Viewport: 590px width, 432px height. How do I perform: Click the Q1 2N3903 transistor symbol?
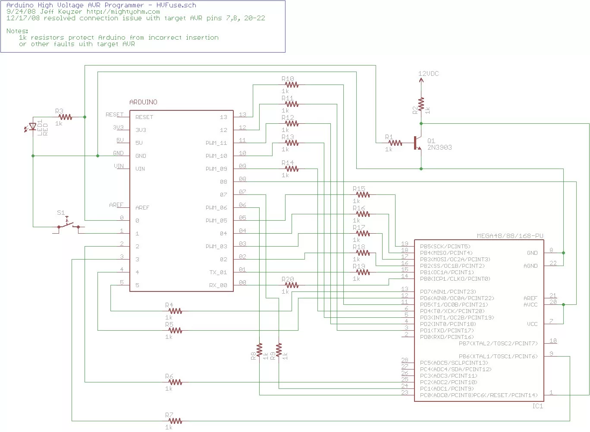(x=417, y=143)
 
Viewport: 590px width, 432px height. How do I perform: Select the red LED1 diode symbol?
(x=32, y=127)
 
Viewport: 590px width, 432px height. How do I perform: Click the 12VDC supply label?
(x=428, y=74)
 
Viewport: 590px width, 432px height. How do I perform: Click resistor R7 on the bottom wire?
(x=175, y=421)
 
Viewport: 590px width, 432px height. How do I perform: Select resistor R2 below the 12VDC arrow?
(x=421, y=105)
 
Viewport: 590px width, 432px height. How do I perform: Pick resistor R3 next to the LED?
(x=65, y=117)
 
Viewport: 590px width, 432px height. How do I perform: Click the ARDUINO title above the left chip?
(x=143, y=102)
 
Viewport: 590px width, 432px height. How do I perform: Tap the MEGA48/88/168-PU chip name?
(x=510, y=236)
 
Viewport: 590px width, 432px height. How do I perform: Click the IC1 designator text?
(x=537, y=406)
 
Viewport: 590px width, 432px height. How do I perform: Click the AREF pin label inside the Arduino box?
(x=142, y=207)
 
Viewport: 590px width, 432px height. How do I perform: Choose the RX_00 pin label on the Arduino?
(x=218, y=285)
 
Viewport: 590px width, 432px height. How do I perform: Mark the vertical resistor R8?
(x=259, y=351)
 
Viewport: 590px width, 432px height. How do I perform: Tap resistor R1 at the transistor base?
(x=395, y=143)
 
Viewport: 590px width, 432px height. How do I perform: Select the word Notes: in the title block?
(x=17, y=31)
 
